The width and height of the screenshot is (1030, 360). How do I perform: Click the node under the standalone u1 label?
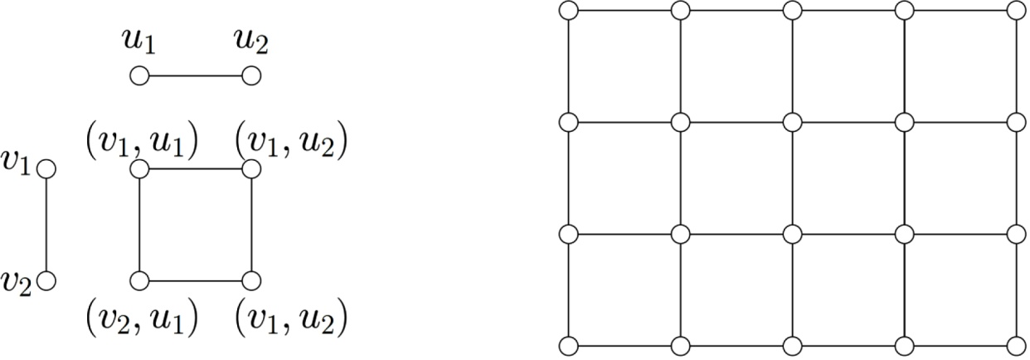click(139, 77)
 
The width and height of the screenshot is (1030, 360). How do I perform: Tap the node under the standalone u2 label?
click(251, 77)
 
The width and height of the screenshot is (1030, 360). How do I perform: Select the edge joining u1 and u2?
click(195, 77)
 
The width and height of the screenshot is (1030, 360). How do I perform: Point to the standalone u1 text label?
click(139, 41)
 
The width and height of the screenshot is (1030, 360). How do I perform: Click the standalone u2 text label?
click(251, 41)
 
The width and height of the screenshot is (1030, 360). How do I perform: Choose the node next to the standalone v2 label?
click(46, 280)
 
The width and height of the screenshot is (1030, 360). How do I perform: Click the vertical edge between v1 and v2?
click(46, 225)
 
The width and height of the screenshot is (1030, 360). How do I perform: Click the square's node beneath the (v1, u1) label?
click(139, 169)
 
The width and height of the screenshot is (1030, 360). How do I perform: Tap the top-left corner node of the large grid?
click(568, 11)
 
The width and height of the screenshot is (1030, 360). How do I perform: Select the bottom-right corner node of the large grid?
click(1016, 345)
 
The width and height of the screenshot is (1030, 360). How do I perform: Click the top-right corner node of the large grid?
click(1016, 11)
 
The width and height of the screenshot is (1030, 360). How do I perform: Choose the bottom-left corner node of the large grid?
click(568, 345)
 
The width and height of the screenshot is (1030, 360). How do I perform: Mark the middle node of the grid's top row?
click(792, 11)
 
